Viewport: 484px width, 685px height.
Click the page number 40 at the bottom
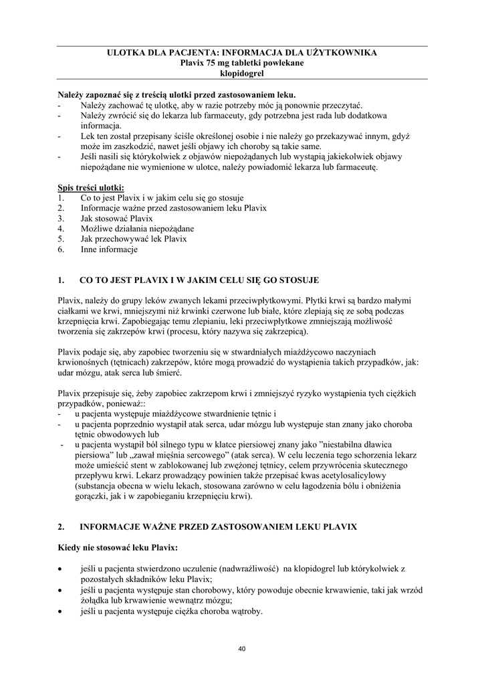click(243, 649)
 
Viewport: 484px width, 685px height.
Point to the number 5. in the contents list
click(61, 239)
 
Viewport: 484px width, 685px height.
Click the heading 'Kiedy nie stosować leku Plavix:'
click(118, 549)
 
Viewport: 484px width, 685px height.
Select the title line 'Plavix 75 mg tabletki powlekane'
click(242, 62)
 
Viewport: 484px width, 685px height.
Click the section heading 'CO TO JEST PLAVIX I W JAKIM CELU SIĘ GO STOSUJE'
click(199, 280)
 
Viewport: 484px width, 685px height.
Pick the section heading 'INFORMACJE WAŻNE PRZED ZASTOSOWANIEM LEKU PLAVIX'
click(219, 527)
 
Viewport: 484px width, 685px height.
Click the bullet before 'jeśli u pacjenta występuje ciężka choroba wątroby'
click(61, 611)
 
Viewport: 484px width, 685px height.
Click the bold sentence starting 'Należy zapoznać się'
click(176, 95)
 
